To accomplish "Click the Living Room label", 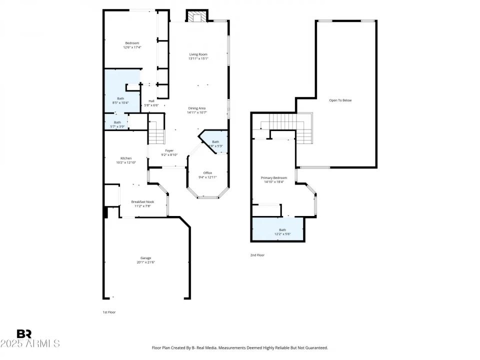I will (198, 54).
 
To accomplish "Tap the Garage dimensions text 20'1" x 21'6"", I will (145, 262).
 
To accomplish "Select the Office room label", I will (207, 173).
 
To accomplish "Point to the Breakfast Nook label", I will (142, 201).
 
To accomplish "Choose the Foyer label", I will (169, 150).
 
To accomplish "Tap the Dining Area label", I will (197, 108).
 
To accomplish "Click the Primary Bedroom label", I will (274, 177).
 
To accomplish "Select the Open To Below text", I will (340, 100).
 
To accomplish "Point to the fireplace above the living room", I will (196, 16).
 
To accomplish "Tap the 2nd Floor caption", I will (257, 255).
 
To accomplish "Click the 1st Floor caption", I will (109, 312).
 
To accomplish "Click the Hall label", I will (151, 101).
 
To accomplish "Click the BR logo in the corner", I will (24, 334).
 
